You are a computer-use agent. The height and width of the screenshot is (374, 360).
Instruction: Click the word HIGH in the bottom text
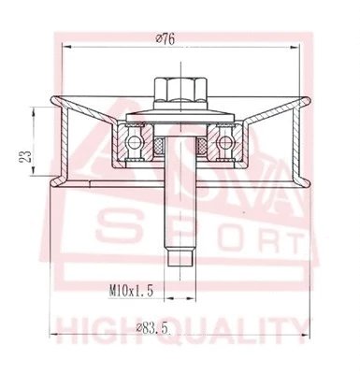point(98,329)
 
